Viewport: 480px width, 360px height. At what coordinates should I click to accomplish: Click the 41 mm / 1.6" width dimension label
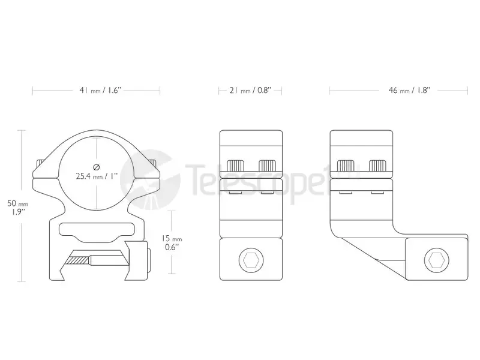(100, 91)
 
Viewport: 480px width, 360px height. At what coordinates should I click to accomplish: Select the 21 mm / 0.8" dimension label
(250, 91)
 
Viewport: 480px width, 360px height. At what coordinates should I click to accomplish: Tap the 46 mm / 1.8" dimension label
(409, 91)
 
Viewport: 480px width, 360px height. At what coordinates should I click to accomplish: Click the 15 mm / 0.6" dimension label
(172, 243)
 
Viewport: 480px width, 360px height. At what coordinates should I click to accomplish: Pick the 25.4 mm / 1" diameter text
(97, 176)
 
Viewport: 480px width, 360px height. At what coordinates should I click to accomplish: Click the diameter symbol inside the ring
(97, 167)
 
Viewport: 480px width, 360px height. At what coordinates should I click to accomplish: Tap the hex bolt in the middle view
(251, 260)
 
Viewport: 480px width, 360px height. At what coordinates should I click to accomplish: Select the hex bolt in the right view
(437, 260)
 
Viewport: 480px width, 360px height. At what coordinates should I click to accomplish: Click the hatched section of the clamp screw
(79, 260)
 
